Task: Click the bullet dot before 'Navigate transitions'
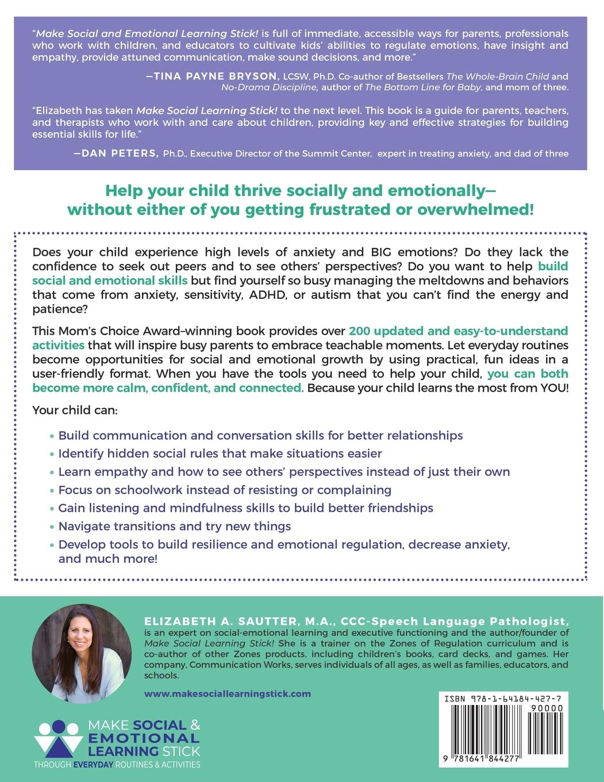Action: (x=52, y=527)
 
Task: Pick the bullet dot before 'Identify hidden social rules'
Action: (x=52, y=454)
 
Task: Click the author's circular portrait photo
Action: (x=82, y=653)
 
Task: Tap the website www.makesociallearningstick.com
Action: (x=228, y=693)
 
